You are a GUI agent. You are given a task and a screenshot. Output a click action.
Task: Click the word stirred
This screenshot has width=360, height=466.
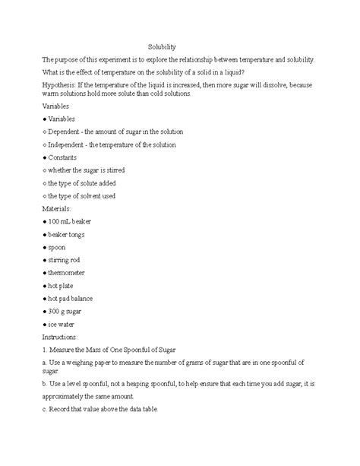coord(128,170)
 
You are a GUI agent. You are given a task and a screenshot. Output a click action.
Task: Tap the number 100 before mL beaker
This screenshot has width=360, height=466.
coord(56,220)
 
